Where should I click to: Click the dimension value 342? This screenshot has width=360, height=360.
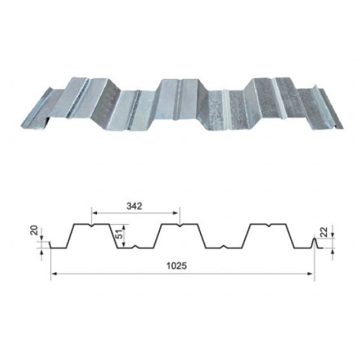134,206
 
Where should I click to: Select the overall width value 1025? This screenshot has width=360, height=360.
177,265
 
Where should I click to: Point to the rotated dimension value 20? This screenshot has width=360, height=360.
34,230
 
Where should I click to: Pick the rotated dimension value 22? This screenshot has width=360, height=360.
323,232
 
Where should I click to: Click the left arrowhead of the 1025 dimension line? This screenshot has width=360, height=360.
54,273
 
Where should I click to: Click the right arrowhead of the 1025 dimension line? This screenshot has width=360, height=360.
310,273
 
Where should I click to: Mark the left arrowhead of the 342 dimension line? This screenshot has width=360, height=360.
94,213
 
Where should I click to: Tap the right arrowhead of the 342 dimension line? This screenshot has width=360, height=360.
175,213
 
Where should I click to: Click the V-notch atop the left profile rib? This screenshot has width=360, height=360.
92,225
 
